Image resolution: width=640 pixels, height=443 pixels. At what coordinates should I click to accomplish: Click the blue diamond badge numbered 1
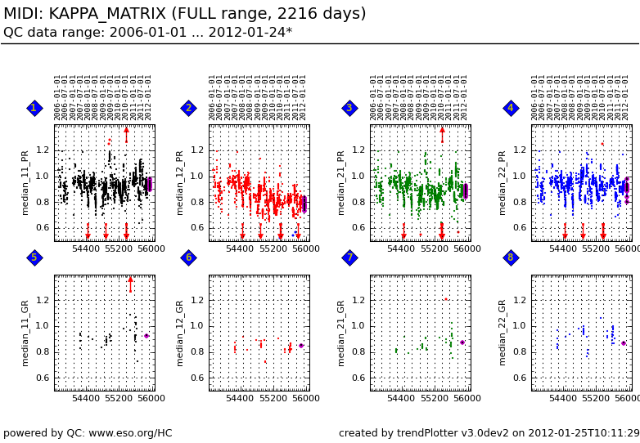click(34, 108)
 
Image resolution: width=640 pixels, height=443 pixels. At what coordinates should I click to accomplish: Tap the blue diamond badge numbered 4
click(511, 108)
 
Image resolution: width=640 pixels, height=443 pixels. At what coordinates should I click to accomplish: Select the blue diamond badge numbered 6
click(188, 257)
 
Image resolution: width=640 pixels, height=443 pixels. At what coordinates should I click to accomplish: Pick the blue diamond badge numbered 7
click(349, 257)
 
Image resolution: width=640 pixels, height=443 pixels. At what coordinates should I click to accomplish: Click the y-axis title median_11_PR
click(25, 182)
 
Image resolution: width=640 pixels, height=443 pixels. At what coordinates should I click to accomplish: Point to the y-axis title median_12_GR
click(180, 332)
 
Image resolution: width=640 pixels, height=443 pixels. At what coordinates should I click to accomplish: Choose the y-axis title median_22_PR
click(503, 182)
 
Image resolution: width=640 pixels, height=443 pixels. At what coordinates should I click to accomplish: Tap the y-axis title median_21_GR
click(341, 332)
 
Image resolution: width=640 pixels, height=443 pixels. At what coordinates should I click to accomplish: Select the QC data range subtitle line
click(147, 33)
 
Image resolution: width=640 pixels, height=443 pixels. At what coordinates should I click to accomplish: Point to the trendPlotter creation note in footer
click(489, 433)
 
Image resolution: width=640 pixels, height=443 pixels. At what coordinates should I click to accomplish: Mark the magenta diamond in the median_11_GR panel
click(146, 336)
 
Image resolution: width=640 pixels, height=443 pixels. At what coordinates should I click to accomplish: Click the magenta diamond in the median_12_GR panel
click(301, 346)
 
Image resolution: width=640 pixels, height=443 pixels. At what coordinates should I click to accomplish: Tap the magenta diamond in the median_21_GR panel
click(462, 342)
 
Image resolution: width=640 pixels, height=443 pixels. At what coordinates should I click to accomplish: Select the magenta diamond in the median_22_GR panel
click(624, 343)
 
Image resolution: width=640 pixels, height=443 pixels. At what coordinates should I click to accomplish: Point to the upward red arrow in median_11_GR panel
click(130, 282)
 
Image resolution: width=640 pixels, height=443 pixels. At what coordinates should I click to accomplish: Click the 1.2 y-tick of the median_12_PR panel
click(196, 150)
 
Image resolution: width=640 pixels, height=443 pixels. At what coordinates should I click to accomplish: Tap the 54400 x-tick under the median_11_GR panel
click(85, 399)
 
